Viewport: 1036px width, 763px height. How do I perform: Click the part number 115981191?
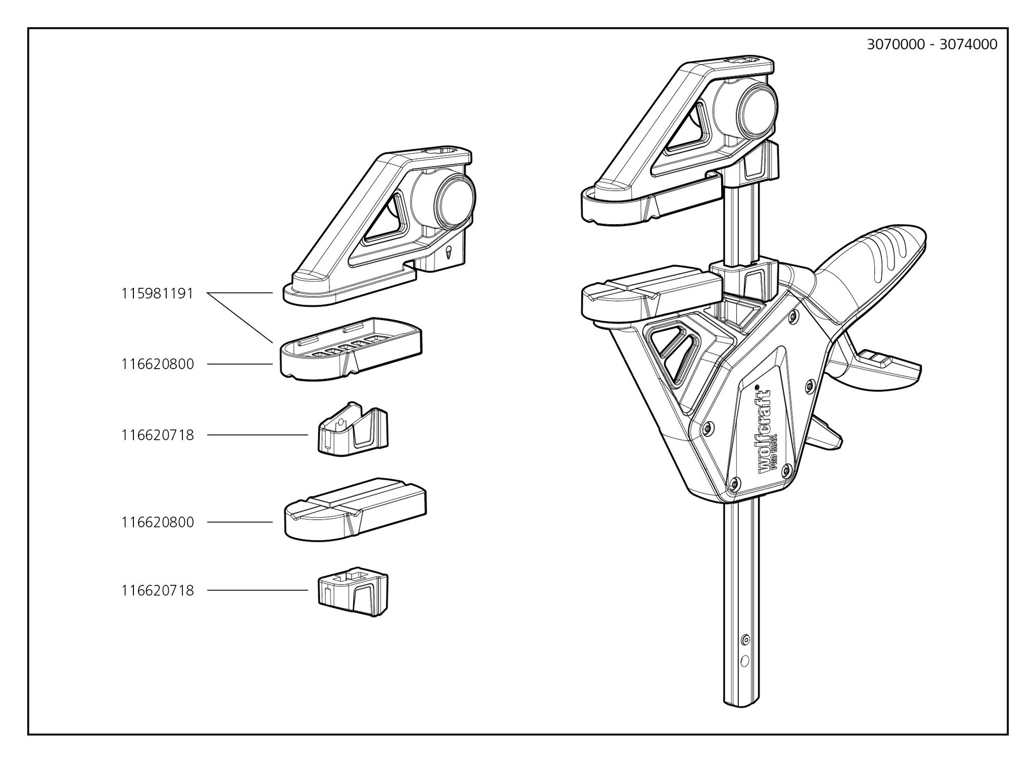point(157,293)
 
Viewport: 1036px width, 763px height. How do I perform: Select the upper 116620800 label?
point(157,364)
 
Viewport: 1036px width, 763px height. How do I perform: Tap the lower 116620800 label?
point(157,522)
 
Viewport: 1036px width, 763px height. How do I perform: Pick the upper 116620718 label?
point(157,435)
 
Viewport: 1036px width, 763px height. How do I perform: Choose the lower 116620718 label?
point(157,590)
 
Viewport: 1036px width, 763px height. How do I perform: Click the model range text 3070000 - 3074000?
point(932,44)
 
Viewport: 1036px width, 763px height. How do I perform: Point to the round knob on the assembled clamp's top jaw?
point(757,108)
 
